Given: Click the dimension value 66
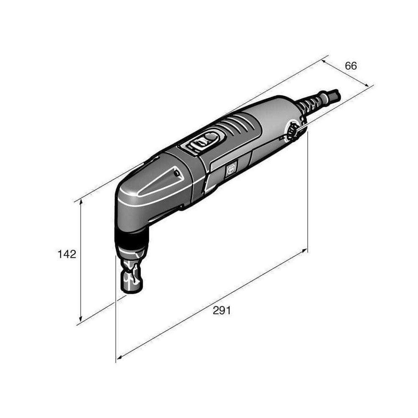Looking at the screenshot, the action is [x=351, y=66].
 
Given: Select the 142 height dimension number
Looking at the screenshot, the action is [x=67, y=254].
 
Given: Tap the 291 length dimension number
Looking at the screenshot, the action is [x=222, y=310].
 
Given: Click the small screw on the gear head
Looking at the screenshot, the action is [x=176, y=173].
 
